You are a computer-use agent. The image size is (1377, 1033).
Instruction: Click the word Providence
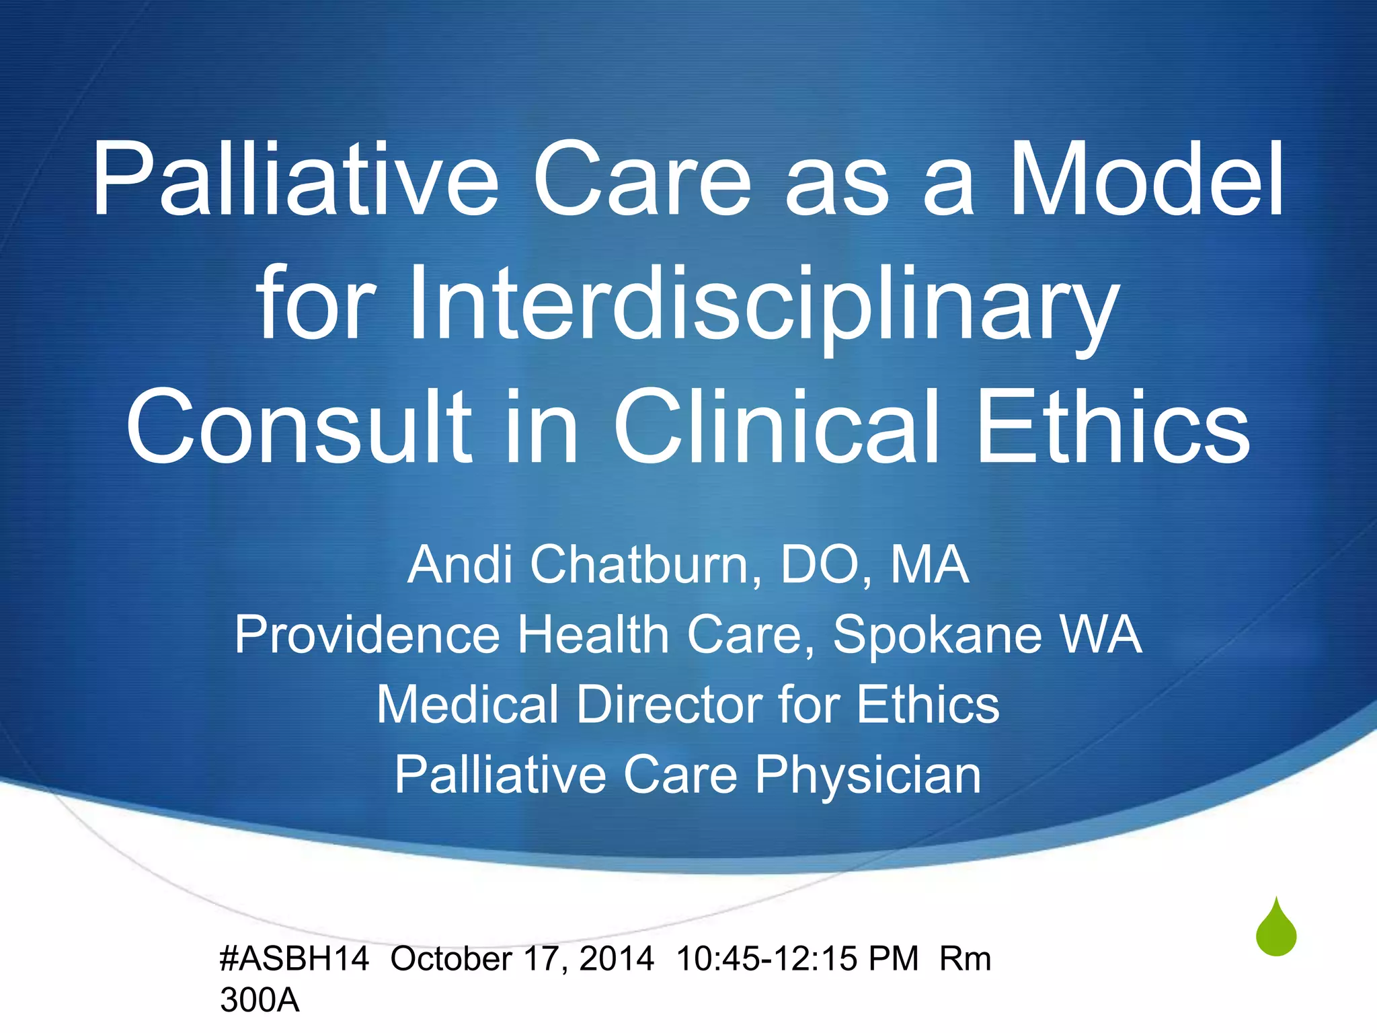[367, 635]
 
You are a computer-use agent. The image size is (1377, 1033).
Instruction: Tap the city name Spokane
[938, 635]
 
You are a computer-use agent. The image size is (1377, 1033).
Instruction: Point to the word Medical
[467, 705]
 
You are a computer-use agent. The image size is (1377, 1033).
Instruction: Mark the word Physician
[867, 775]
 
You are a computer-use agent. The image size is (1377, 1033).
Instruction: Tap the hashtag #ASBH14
[294, 958]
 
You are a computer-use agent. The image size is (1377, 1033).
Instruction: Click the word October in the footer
[451, 958]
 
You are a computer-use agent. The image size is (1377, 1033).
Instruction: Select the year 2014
[617, 958]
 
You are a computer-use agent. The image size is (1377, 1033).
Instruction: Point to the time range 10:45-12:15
[766, 958]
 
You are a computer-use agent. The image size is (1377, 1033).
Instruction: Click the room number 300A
[260, 1001]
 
